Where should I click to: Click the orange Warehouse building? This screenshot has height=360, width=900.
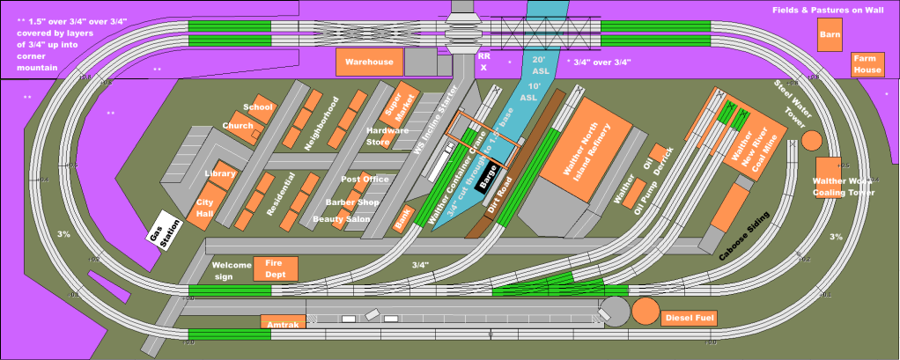pos(369,62)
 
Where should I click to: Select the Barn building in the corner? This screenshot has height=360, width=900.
pos(829,38)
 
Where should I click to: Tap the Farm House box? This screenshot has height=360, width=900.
pos(867,63)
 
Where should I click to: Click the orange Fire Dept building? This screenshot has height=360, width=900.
pos(276,268)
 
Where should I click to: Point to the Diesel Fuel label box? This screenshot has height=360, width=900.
pos(690,317)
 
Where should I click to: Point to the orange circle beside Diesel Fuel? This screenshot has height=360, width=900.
pos(645,311)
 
